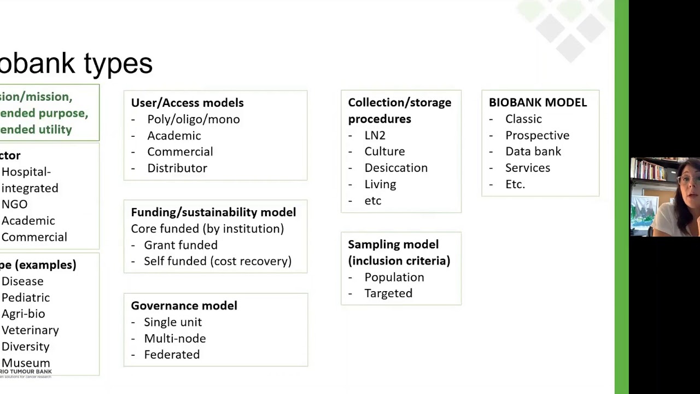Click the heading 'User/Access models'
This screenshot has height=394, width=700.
(x=187, y=103)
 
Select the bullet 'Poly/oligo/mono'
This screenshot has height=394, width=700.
(x=193, y=119)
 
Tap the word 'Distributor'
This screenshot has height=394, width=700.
(x=177, y=168)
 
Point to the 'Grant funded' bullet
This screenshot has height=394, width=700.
(x=180, y=245)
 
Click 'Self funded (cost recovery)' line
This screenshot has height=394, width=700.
(x=217, y=261)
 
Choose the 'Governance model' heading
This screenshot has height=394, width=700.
(x=184, y=306)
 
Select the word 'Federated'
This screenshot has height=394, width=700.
(x=172, y=355)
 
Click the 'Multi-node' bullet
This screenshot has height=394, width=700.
(x=174, y=339)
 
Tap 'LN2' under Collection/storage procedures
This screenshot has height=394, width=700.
(x=375, y=135)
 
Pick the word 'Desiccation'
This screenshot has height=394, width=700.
(x=396, y=168)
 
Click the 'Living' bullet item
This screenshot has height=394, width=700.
(x=380, y=184)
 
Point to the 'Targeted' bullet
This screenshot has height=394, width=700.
(x=388, y=293)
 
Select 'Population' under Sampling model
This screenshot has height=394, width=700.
(x=394, y=277)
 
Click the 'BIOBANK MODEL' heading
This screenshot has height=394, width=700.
(x=538, y=103)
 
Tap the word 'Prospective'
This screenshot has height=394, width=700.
(x=537, y=135)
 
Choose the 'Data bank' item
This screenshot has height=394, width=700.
(x=533, y=152)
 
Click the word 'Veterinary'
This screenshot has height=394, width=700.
(x=30, y=330)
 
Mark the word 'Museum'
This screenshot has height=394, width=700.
(x=26, y=363)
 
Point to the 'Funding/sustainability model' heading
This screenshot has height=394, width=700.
(x=213, y=212)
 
